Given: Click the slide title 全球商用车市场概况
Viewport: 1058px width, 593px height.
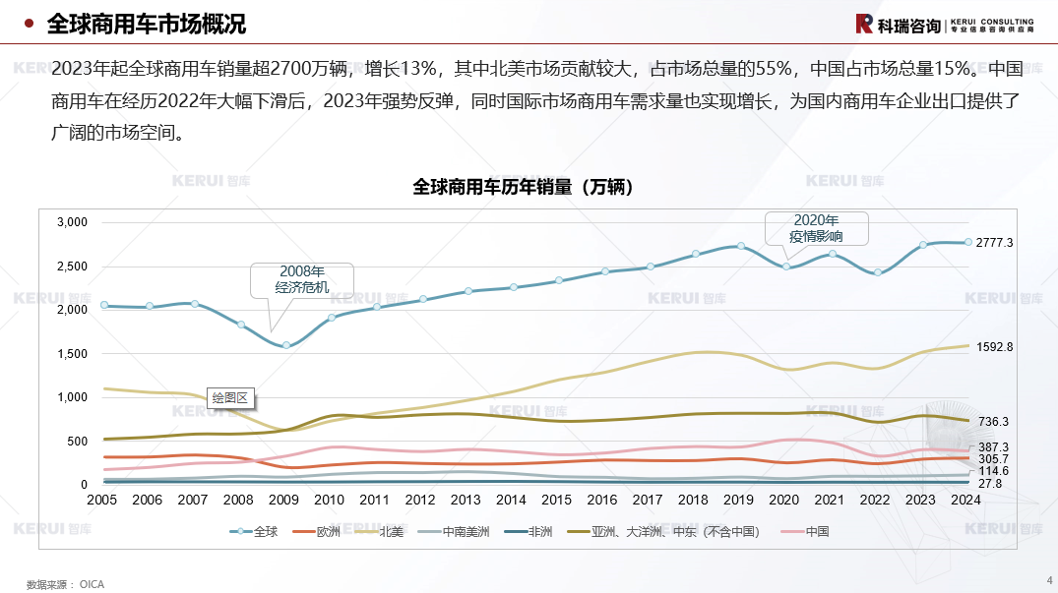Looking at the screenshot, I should [x=147, y=24].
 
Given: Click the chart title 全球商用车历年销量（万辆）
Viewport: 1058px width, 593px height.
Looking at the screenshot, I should [x=522, y=187].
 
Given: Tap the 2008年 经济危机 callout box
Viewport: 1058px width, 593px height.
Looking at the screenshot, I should [x=301, y=279].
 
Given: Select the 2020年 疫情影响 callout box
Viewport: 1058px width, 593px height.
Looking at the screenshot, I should [x=816, y=228].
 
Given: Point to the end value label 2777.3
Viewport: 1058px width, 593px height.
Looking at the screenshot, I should [x=994, y=243].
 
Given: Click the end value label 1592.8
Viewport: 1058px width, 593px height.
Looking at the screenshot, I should [x=994, y=347].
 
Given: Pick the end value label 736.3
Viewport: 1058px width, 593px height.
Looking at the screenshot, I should [x=991, y=422].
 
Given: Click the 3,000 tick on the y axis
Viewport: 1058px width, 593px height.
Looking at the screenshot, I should [x=72, y=223].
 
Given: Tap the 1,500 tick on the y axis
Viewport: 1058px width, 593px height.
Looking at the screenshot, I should [x=72, y=354].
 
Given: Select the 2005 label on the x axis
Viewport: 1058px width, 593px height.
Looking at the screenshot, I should [x=102, y=500].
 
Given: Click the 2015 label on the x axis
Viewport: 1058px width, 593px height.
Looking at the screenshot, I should [x=556, y=500].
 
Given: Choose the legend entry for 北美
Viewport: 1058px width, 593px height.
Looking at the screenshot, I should [x=391, y=532].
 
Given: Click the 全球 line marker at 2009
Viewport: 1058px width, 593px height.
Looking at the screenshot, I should [x=286, y=345].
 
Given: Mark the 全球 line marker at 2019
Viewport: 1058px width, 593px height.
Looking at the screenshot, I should [x=740, y=246].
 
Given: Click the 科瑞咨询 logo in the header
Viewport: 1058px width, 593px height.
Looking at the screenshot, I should [x=899, y=25].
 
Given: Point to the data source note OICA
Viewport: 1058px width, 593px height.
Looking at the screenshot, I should [x=65, y=584].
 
